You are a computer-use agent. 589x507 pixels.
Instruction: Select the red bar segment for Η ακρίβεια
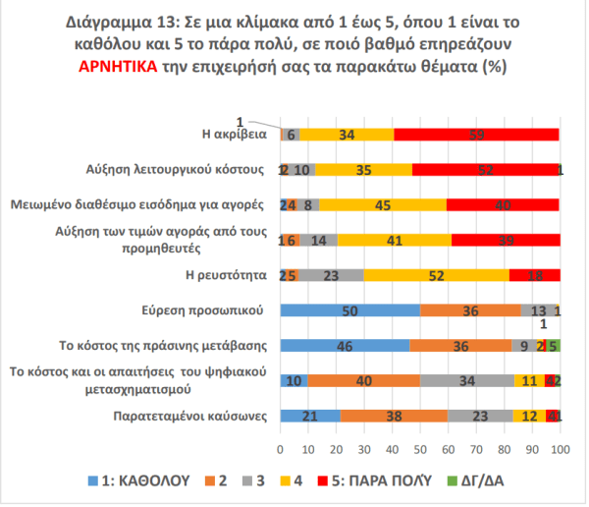point(476,135)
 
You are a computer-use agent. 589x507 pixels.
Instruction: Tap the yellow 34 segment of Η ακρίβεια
point(346,135)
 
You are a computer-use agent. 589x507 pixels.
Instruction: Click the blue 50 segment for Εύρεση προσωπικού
point(350,310)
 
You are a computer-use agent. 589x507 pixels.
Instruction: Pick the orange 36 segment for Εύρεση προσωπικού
point(470,310)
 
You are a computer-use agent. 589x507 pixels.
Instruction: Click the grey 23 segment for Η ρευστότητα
point(332,275)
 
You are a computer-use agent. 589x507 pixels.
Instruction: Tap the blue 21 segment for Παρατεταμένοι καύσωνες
point(310,416)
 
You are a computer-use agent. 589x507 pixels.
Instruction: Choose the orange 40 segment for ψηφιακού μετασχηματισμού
point(364,380)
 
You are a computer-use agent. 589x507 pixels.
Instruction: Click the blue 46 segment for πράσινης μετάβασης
point(345,346)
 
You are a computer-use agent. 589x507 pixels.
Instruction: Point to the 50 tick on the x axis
point(420,449)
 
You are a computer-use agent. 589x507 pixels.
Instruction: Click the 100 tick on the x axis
point(561,449)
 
